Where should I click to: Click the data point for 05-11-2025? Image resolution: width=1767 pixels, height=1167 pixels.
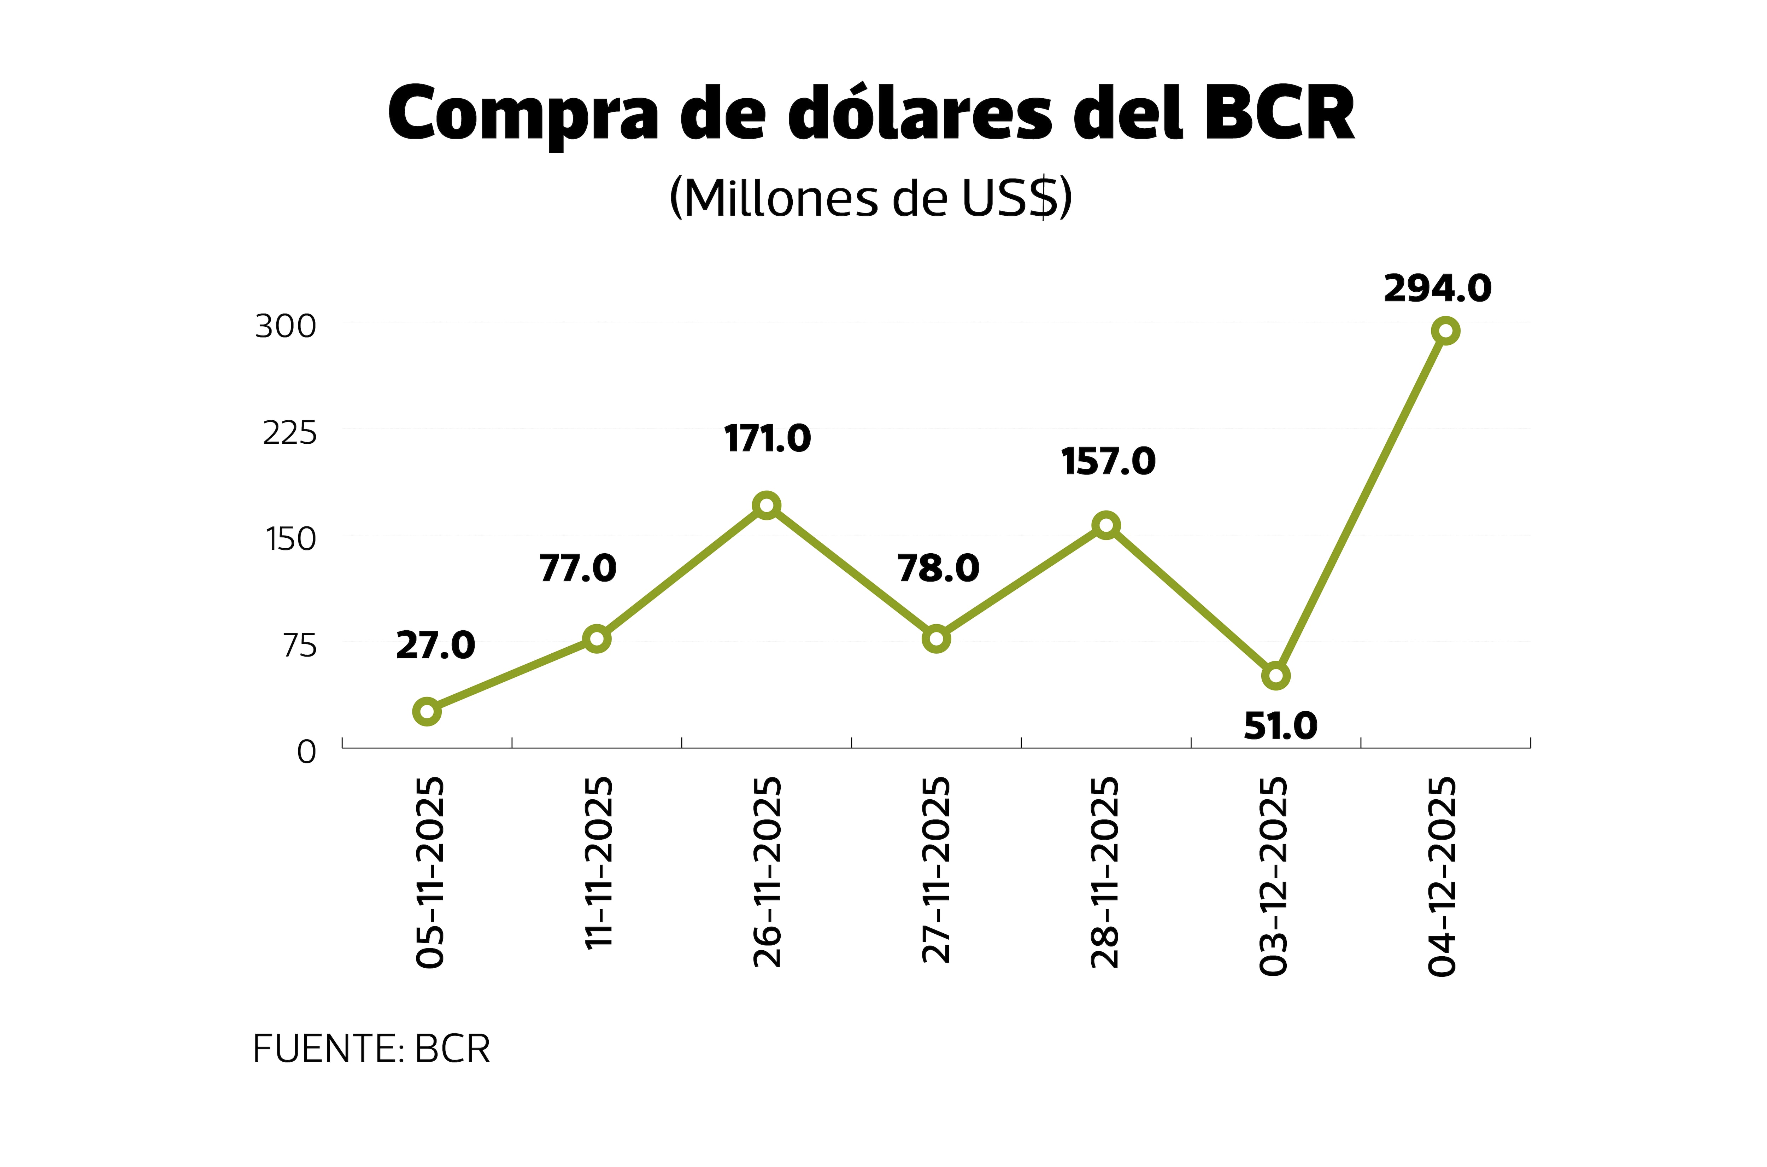[x=427, y=712]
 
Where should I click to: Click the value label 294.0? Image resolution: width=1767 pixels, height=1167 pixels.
[x=1437, y=289]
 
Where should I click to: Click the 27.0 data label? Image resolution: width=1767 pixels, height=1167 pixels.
[x=435, y=645]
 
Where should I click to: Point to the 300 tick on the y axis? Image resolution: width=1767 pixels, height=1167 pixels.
[x=286, y=326]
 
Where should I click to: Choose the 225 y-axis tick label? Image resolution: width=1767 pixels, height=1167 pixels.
[x=289, y=432]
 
